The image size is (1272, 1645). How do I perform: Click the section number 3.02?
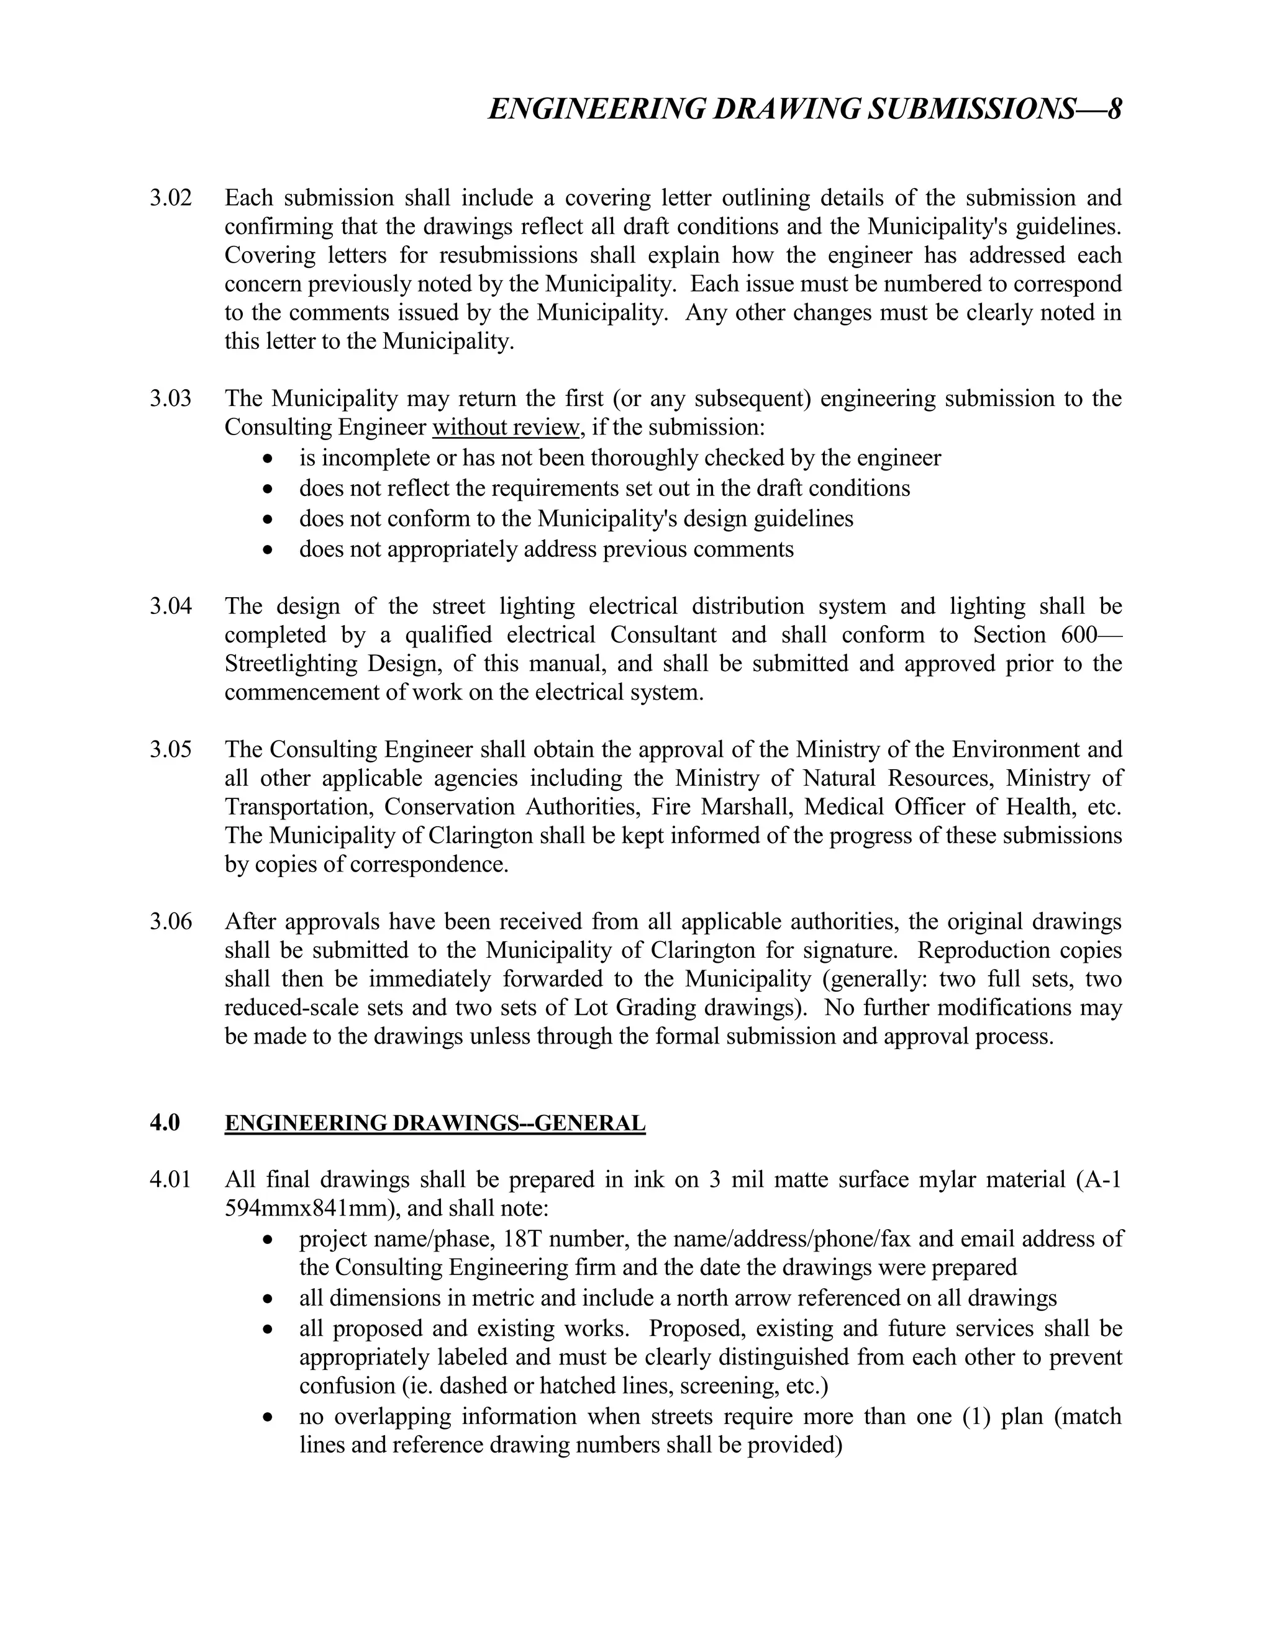tap(170, 199)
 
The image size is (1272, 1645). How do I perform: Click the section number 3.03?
tap(170, 399)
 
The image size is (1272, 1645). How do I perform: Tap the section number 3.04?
tap(170, 606)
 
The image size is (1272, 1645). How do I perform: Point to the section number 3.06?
tap(170, 922)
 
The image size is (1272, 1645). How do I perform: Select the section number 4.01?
tap(170, 1180)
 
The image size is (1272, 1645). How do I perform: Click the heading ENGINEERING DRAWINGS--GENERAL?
tap(435, 1123)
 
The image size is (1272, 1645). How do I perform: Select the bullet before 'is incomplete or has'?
tap(268, 459)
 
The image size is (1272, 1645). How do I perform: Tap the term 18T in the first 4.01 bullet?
tap(523, 1239)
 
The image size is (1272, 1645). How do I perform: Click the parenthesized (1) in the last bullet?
tap(976, 1417)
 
